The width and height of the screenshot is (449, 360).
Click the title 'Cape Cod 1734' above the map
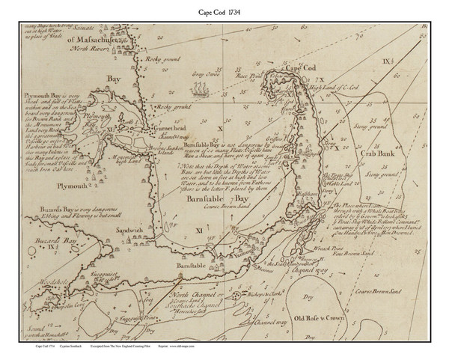point(224,9)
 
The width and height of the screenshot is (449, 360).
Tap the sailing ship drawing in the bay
point(199,92)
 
